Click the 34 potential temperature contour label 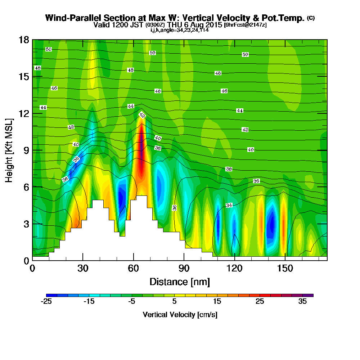[x=229, y=205]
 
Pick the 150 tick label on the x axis [x=285, y=268]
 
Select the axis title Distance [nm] [x=180, y=281]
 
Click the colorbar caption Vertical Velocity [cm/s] [x=180, y=315]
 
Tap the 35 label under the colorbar [x=302, y=302]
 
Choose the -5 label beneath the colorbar [x=132, y=302]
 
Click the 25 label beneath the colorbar [x=260, y=302]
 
